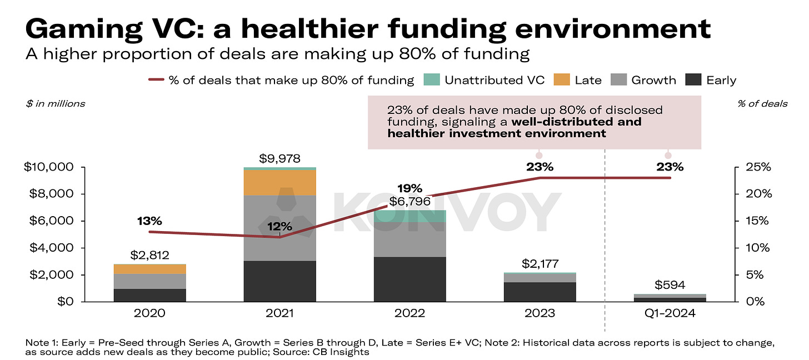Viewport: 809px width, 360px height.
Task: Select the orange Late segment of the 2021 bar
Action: coord(279,182)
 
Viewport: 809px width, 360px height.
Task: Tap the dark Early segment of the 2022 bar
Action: coord(410,279)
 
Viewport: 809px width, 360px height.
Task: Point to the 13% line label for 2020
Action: coord(149,222)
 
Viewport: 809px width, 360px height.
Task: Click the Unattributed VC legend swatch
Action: coord(432,80)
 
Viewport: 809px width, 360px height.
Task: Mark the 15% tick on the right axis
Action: coord(756,221)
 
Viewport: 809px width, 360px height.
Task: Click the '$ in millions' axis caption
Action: coord(56,103)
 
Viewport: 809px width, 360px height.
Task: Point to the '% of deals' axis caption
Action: coord(762,103)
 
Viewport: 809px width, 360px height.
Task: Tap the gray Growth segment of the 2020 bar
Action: coord(149,281)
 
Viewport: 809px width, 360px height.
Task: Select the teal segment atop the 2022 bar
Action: coord(410,216)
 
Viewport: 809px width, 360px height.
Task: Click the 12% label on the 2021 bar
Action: coord(279,226)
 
